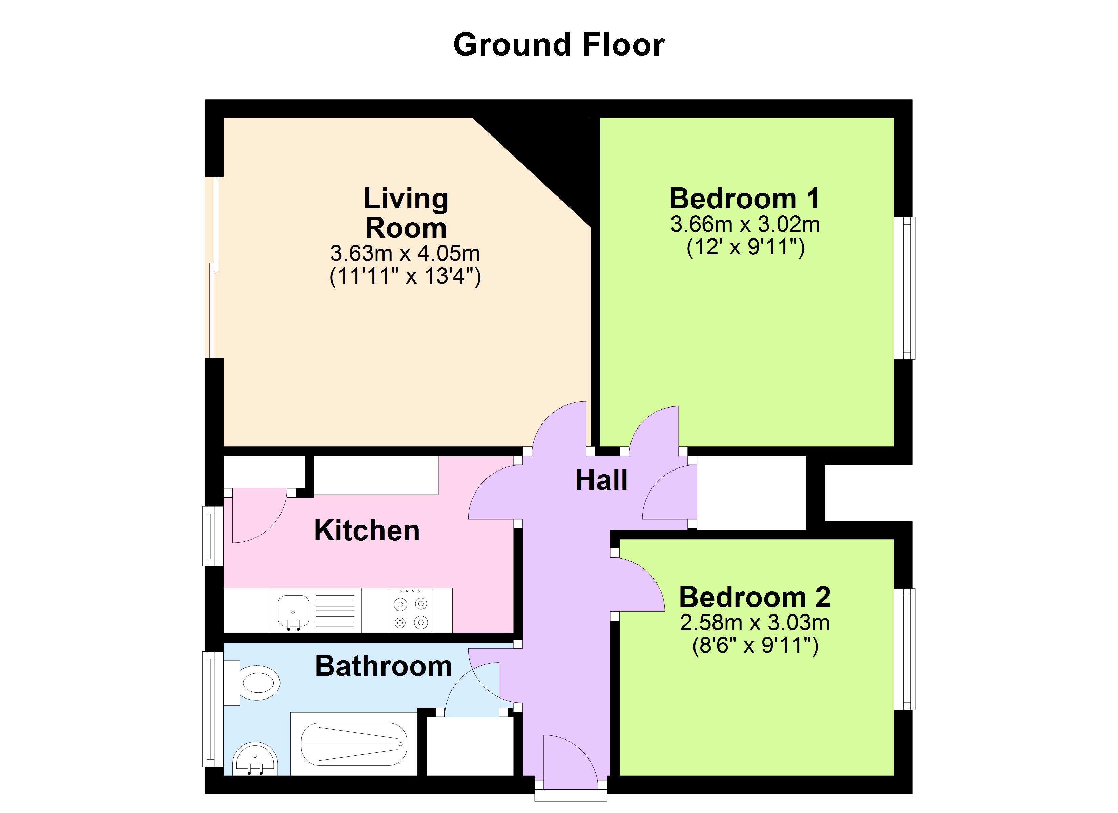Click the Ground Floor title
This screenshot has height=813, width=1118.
tap(559, 45)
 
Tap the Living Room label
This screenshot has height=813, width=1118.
tap(406, 213)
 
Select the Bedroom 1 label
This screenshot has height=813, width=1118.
tap(744, 199)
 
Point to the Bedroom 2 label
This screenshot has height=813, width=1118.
tap(755, 597)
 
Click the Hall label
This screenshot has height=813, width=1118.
tap(601, 480)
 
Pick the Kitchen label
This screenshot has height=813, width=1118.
tap(367, 531)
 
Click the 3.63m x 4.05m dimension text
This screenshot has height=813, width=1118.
tap(405, 253)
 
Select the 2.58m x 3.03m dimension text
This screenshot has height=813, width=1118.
tap(755, 623)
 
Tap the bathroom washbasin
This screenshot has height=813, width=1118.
tap(255, 760)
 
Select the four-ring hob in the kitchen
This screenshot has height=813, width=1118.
tap(410, 612)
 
